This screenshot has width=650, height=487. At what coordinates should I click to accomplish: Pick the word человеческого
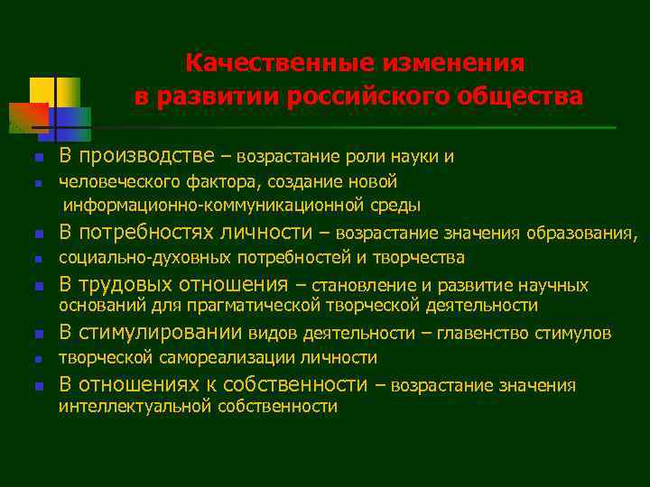coord(116,182)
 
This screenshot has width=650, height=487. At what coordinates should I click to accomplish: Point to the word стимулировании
coord(162,333)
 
